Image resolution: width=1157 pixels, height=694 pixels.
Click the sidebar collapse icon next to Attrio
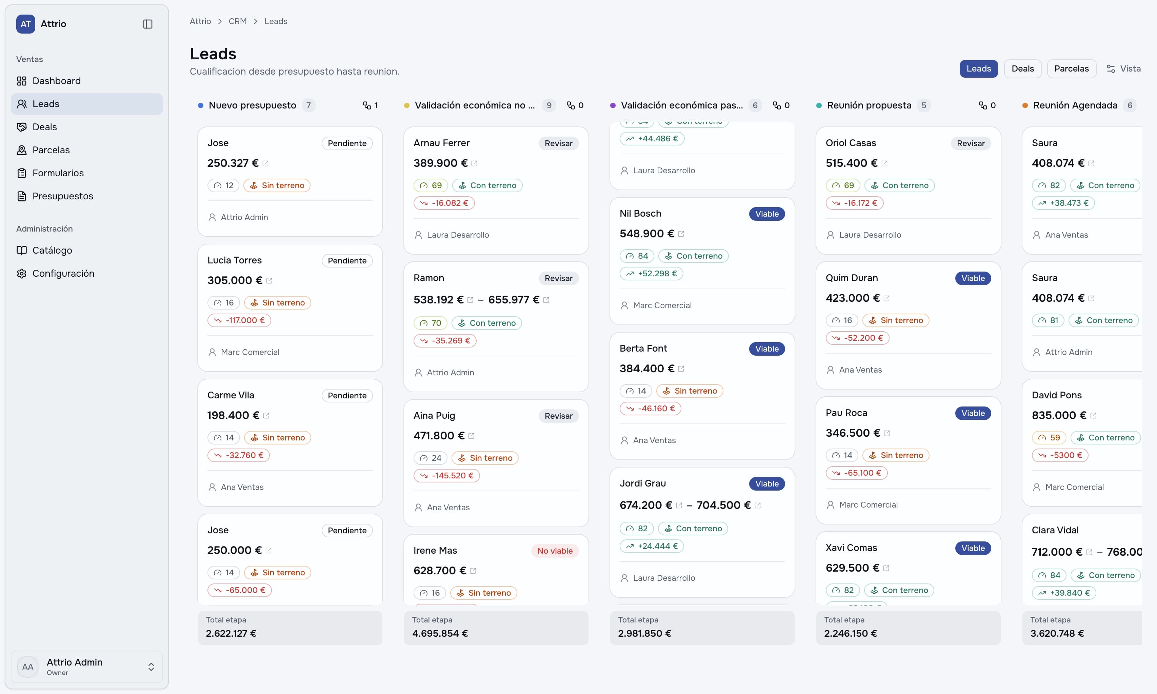148,24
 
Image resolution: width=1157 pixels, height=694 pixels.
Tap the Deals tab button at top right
1022,69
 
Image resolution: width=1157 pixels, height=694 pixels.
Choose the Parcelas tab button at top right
1072,69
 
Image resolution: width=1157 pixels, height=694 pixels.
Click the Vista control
1123,69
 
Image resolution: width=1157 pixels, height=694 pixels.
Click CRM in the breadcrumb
238,21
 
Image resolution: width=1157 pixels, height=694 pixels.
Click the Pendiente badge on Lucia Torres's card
347,260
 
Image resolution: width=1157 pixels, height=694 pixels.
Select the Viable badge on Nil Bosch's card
767,214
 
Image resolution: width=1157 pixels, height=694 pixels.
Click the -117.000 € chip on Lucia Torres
239,320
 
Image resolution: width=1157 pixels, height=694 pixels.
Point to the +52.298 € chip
651,274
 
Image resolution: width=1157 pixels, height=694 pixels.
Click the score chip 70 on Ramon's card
431,323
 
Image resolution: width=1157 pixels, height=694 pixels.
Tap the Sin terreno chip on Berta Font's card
690,391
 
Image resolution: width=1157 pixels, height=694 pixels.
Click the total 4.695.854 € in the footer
440,633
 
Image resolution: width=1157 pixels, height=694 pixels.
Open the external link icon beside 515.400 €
884,163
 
